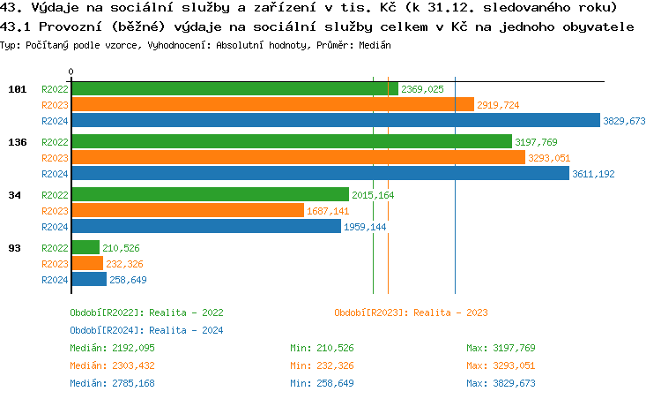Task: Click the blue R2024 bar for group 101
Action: pyautogui.click(x=335, y=121)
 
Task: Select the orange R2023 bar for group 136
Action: pyautogui.click(x=298, y=158)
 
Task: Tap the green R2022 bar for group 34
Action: pyautogui.click(x=210, y=194)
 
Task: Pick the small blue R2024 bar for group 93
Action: pyautogui.click(x=89, y=280)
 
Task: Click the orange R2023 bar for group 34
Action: pyautogui.click(x=187, y=211)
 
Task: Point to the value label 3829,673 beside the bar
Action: pyautogui.click(x=625, y=121)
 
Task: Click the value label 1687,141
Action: pyautogui.click(x=328, y=211)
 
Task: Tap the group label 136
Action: pyautogui.click(x=15, y=141)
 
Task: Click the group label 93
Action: pyautogui.click(x=15, y=248)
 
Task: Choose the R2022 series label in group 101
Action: pyautogui.click(x=55, y=89)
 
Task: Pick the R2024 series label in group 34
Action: pyautogui.click(x=55, y=227)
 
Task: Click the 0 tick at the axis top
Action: pyautogui.click(x=71, y=72)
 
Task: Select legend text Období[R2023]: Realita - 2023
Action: pyautogui.click(x=411, y=312)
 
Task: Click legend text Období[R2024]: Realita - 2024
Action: pyautogui.click(x=146, y=330)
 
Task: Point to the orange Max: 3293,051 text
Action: pyautogui.click(x=501, y=365)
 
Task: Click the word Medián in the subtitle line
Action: pyautogui.click(x=374, y=44)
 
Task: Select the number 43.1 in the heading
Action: pyautogui.click(x=15, y=26)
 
